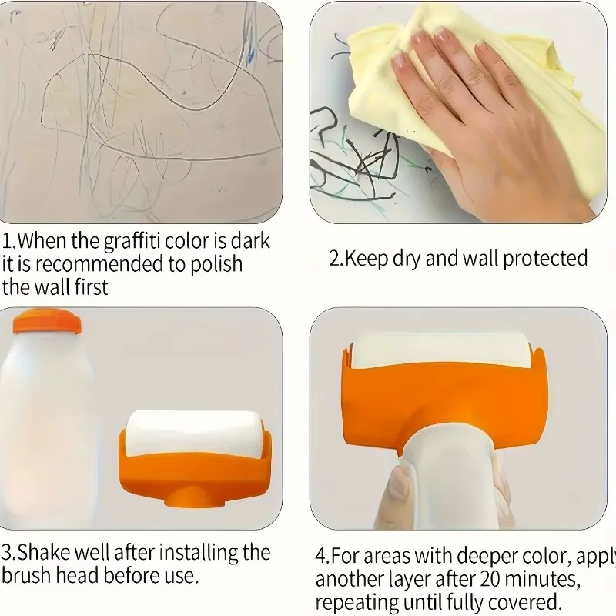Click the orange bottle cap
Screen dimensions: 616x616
[47, 321]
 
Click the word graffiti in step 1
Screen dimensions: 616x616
[132, 242]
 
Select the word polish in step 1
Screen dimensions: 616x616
[216, 264]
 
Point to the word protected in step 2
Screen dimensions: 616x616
[545, 259]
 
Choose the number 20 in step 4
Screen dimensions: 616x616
[489, 579]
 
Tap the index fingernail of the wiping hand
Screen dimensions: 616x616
[400, 62]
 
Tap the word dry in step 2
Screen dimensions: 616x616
[407, 259]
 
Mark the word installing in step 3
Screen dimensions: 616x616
[198, 552]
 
